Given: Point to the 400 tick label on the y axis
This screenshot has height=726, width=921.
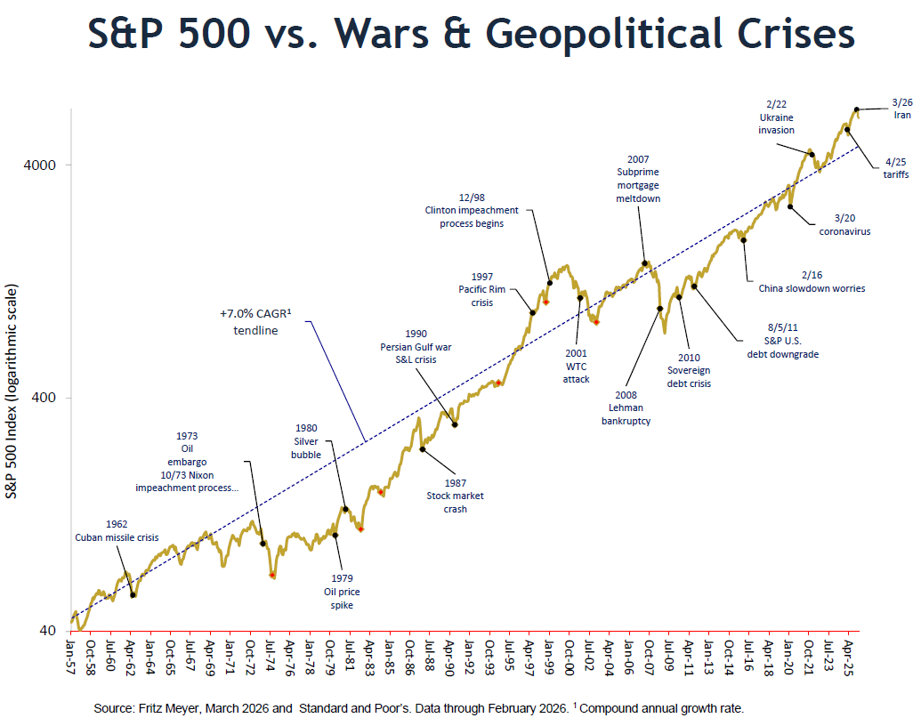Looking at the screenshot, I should [x=45, y=398].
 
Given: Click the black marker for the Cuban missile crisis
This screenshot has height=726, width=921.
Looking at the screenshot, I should [x=133, y=594].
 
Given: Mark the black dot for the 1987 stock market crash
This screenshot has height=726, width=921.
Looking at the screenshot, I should [x=422, y=449].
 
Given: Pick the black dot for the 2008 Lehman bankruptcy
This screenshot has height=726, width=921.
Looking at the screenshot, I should [x=659, y=309].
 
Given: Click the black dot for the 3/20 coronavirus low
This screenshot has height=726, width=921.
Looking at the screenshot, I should [x=790, y=206].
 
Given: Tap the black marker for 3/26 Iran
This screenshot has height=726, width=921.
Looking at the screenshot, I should [x=857, y=109].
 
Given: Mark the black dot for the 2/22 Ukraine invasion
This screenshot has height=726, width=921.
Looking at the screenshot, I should [x=811, y=155].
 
